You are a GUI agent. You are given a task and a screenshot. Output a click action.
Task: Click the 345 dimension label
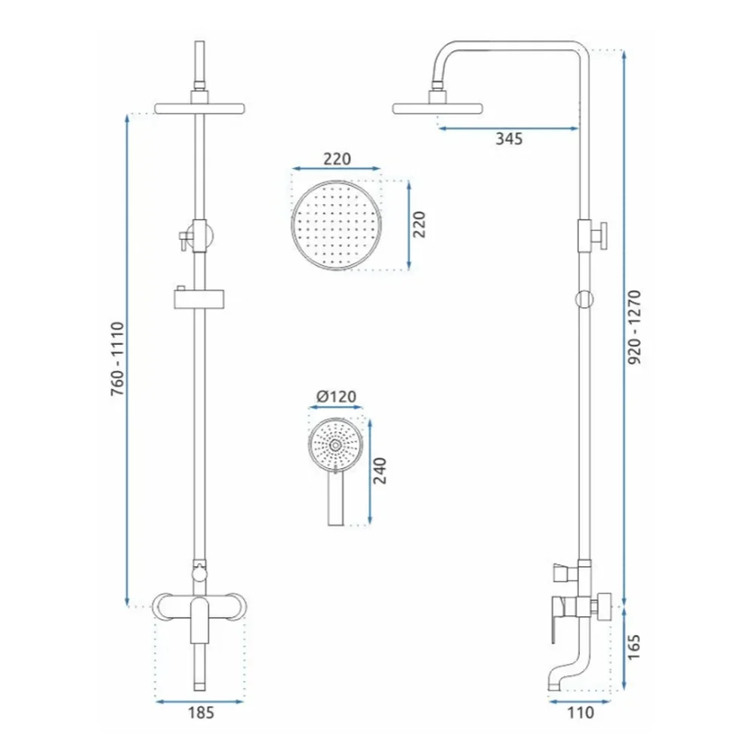pos(509,139)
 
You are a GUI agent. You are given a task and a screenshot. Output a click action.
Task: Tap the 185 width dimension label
pos(201,713)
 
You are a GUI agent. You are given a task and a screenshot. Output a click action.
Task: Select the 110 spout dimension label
pos(580,713)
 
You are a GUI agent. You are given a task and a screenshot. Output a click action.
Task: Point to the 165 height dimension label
pos(634,647)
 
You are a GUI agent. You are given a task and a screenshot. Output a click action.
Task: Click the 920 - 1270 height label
pos(635,327)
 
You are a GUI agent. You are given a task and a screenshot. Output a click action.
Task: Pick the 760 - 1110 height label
pos(118,359)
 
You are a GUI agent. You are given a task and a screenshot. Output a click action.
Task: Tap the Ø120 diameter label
pos(336,397)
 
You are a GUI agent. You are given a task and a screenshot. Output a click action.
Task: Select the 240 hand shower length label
pos(381,471)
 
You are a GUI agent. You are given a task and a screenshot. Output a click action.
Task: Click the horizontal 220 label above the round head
pos(337,159)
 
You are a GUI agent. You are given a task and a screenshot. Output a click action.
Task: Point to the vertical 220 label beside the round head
pos(419,224)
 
